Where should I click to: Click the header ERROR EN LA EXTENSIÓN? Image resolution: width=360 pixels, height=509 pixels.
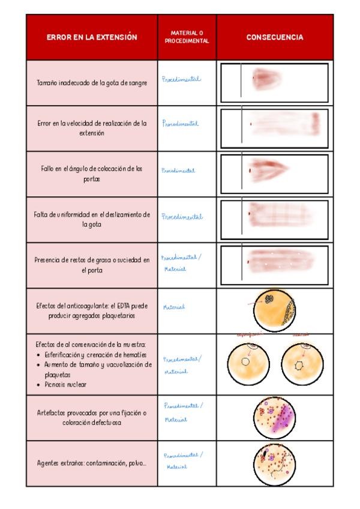(x=92, y=37)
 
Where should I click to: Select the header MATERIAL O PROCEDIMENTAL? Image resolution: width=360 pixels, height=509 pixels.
(x=187, y=37)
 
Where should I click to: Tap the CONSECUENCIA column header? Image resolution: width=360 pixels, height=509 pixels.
(x=275, y=37)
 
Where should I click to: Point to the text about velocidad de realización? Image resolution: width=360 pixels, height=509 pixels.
(x=92, y=128)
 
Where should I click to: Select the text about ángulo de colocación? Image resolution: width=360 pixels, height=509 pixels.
(x=92, y=174)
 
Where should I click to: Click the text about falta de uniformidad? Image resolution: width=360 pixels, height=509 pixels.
(x=92, y=220)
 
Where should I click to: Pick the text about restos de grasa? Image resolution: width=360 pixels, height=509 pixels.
(x=92, y=265)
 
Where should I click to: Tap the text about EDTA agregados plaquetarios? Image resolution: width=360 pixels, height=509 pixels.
(x=92, y=311)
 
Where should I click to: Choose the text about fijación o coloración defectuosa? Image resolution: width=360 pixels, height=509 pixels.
(x=92, y=418)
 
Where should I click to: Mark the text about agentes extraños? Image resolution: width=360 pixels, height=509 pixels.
(x=92, y=463)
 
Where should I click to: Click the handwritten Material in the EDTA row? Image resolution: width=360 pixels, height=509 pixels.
(x=174, y=307)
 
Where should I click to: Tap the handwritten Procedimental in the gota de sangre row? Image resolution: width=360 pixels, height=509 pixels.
(x=181, y=79)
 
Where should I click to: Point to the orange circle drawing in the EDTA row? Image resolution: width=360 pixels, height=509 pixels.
(x=274, y=310)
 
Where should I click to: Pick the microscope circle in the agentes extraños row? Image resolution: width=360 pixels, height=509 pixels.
(x=275, y=463)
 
